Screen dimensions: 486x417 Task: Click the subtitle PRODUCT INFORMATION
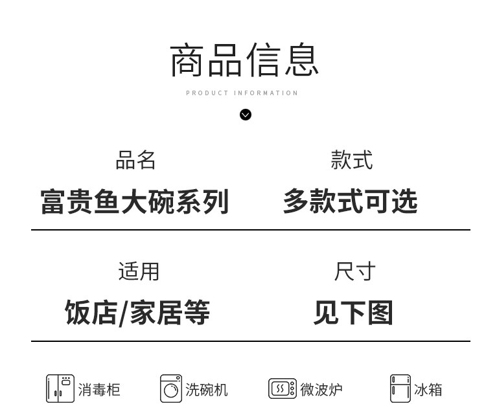point(242,93)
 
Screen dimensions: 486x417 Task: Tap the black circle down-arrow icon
point(246,115)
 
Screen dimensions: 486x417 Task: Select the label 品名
point(135,160)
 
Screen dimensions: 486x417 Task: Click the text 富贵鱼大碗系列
point(135,201)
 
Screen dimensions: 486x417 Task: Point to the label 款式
point(351,160)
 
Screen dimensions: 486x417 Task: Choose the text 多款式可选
point(350,201)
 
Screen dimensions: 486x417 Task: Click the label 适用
point(139,271)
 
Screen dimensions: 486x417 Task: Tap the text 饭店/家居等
point(137,313)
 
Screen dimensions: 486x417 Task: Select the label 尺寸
point(354,271)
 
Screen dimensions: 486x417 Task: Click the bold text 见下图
point(353,313)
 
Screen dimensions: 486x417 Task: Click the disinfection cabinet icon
point(60,389)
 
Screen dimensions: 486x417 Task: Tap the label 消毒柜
point(99,390)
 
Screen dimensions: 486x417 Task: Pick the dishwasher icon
point(171,389)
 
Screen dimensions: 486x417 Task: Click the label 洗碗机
point(207,390)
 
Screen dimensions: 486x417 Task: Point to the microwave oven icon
point(283,389)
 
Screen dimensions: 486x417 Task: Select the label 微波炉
point(321,390)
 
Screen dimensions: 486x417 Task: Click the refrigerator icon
point(400,389)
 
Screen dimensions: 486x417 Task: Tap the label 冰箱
point(428,390)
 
